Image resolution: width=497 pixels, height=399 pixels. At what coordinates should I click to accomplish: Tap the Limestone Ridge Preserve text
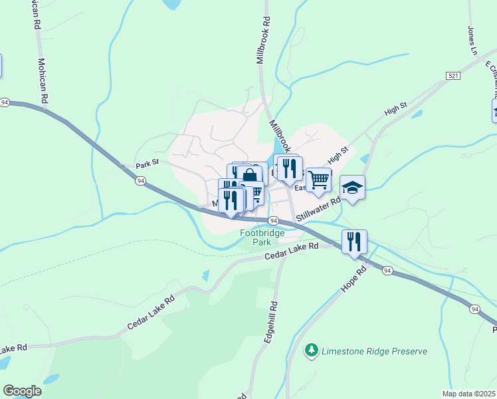point(373,350)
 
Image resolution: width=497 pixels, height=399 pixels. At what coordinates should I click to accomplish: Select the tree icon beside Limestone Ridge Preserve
point(311,350)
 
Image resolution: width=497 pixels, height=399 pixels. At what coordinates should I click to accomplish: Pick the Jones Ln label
point(473,40)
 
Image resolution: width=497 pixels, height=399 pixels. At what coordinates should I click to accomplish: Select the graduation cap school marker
point(353,188)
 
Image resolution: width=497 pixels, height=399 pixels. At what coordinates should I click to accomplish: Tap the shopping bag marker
point(249,176)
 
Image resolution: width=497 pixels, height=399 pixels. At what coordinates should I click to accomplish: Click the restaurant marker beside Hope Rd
point(355,242)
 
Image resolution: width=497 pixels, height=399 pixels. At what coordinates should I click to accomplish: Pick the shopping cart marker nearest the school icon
point(319,180)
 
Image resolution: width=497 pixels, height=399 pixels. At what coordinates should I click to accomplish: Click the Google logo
point(22,391)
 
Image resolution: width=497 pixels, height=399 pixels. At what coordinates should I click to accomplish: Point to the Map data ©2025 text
point(468,394)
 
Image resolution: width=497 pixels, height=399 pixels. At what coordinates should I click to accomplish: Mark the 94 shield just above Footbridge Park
point(272,220)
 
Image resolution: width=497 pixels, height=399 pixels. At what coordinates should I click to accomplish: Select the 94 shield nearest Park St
point(140,180)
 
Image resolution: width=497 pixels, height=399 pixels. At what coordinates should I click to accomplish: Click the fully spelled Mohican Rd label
point(43,80)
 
